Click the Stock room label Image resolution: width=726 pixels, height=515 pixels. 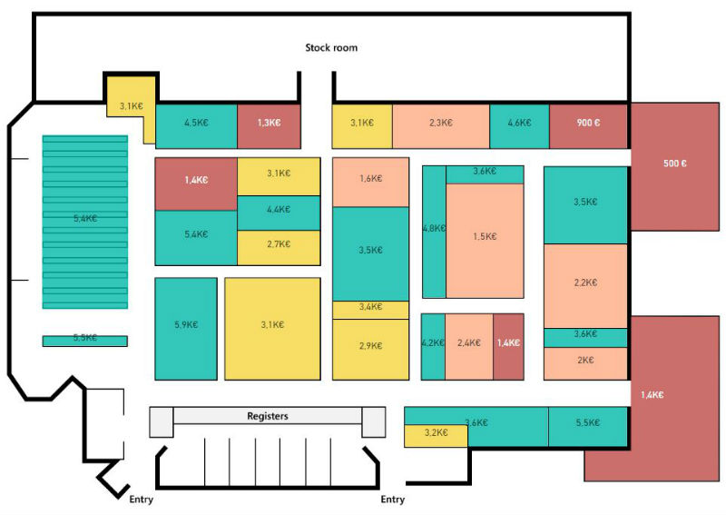pyautogui.click(x=331, y=47)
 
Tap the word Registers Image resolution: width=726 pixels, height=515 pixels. pyautogui.click(x=268, y=416)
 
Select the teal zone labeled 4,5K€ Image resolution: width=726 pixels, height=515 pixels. pyautogui.click(x=196, y=126)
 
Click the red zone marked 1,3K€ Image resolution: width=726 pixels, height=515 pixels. pyautogui.click(x=269, y=126)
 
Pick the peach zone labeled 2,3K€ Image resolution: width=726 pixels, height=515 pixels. pyautogui.click(x=441, y=126)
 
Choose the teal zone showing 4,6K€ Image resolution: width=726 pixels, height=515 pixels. pyautogui.click(x=519, y=126)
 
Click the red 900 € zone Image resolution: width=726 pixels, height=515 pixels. pyautogui.click(x=588, y=126)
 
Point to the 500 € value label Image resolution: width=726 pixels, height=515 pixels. pyautogui.click(x=674, y=163)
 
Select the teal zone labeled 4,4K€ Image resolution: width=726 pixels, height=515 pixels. pyautogui.click(x=279, y=213)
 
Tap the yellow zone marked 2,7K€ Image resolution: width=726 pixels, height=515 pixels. pyautogui.click(x=279, y=248)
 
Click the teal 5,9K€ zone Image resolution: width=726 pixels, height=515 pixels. pyautogui.click(x=186, y=329)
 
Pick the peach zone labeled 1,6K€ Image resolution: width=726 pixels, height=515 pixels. pyautogui.click(x=371, y=183)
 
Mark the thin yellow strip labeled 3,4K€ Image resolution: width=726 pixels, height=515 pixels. pyautogui.click(x=371, y=310)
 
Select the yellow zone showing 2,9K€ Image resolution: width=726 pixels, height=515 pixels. pyautogui.click(x=371, y=350)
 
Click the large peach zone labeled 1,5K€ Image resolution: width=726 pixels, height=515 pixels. pyautogui.click(x=485, y=241)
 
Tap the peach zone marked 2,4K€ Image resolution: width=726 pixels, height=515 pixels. pyautogui.click(x=469, y=346)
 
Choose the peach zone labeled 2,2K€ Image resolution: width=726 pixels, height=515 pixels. pyautogui.click(x=585, y=286)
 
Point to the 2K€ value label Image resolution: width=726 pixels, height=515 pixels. pyautogui.click(x=585, y=361)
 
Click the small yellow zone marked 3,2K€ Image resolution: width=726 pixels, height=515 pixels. pyautogui.click(x=436, y=436)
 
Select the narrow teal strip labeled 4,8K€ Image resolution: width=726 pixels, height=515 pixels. pyautogui.click(x=434, y=232)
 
